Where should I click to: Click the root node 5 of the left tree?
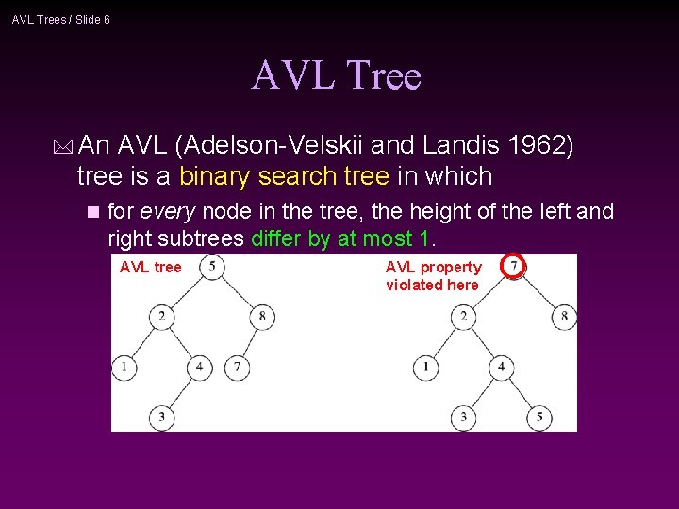pyautogui.click(x=212, y=267)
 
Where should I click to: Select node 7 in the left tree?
pyautogui.click(x=237, y=366)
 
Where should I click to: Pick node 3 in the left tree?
pyautogui.click(x=161, y=416)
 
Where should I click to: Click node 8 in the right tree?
pyautogui.click(x=564, y=316)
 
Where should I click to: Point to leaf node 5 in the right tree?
pyautogui.click(x=538, y=416)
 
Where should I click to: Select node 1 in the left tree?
pyautogui.click(x=124, y=366)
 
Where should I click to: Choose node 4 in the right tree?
pyautogui.click(x=502, y=366)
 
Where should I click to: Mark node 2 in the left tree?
pyautogui.click(x=161, y=316)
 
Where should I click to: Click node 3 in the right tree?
pyautogui.click(x=464, y=416)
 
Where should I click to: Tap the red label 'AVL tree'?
pyautogui.click(x=150, y=268)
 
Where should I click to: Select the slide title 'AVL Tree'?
pyautogui.click(x=336, y=74)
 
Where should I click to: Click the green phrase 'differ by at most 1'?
pyautogui.click(x=345, y=238)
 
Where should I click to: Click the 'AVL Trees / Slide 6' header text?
pyautogui.click(x=61, y=19)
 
